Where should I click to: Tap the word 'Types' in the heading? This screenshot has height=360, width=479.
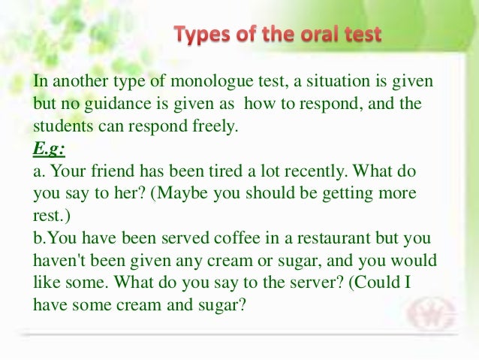pos(200,35)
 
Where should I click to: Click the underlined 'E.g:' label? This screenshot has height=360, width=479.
pos(47,148)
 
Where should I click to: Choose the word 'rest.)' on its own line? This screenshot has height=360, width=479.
pos(48,216)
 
